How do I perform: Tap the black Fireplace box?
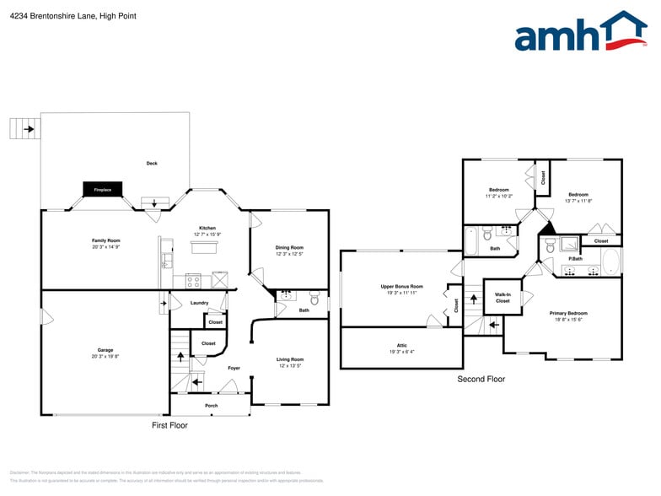(x=103, y=190)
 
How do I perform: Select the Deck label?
(x=152, y=163)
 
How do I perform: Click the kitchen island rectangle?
(x=204, y=247)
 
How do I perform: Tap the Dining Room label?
(x=289, y=251)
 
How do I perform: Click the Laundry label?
(x=199, y=302)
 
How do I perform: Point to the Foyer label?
(x=234, y=368)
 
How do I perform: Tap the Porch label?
(x=212, y=406)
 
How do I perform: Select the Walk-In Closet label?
(x=502, y=297)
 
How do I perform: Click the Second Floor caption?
(x=481, y=380)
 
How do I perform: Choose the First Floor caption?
(x=169, y=425)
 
